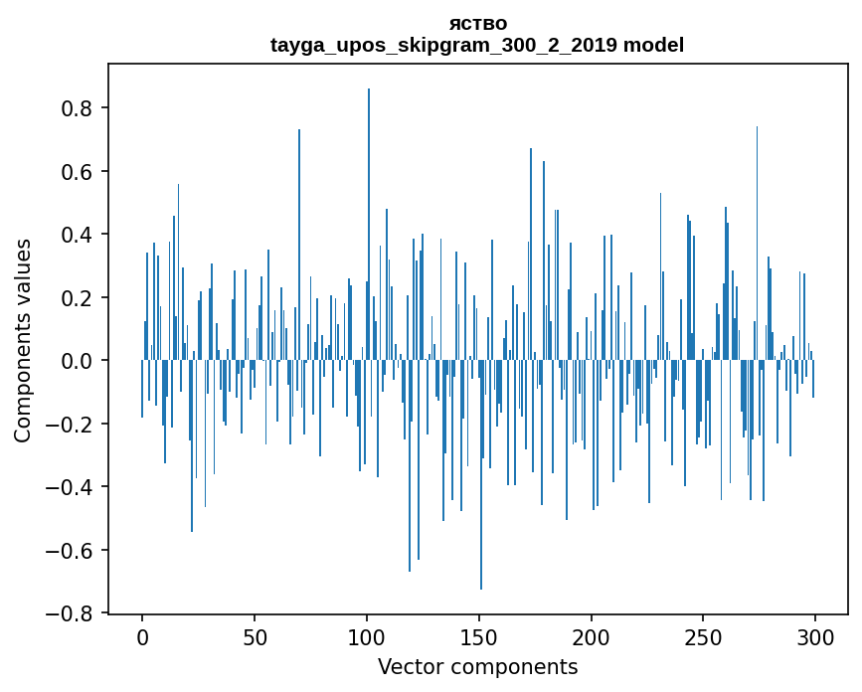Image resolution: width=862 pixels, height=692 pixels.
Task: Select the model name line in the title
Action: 477,45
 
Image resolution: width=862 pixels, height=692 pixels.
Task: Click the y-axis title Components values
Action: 23,340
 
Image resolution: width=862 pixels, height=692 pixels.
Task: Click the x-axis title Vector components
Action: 477,666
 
